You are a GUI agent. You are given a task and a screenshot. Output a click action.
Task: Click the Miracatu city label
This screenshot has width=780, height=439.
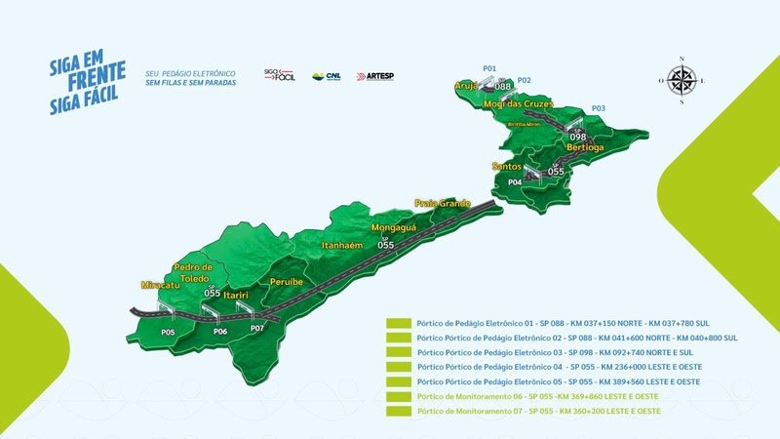pyautogui.click(x=160, y=285)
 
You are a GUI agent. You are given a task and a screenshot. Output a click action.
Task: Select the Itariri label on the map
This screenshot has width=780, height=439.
pyautogui.click(x=239, y=294)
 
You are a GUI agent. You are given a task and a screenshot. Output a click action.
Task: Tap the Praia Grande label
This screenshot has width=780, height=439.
pyautogui.click(x=443, y=203)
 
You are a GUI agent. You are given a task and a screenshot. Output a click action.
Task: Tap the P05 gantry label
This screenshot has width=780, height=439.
pyautogui.click(x=168, y=333)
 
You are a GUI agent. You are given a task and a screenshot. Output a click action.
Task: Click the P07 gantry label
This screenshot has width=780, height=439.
pyautogui.click(x=257, y=328)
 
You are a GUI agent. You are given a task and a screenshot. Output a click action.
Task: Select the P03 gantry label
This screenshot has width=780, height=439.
pyautogui.click(x=598, y=107)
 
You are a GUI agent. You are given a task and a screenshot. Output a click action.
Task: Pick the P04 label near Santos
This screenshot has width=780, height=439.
pyautogui.click(x=515, y=182)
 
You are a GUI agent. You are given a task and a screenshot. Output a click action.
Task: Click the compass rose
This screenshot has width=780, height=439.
pyautogui.click(x=682, y=79)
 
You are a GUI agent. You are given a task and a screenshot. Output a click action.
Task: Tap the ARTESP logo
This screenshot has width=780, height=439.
pyautogui.click(x=375, y=76)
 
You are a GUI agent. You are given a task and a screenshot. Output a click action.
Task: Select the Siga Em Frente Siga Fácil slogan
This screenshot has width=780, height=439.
pyautogui.click(x=88, y=73)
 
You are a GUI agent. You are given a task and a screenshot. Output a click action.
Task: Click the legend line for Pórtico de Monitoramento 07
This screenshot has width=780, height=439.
pyautogui.click(x=538, y=412)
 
